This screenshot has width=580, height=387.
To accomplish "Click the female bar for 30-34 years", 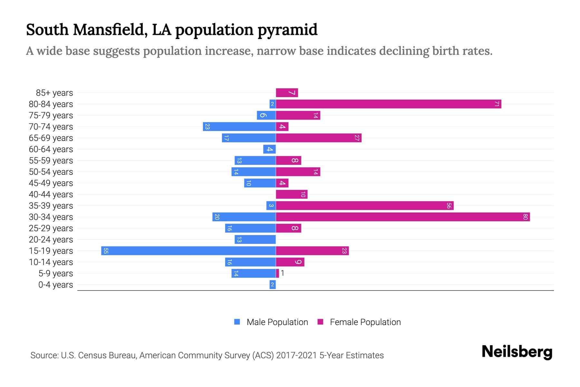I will [x=403, y=217].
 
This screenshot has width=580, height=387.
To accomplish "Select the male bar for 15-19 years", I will [x=188, y=251].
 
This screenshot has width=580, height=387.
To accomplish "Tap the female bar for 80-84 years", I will [x=388, y=104].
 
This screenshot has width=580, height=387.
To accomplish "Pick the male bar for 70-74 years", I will [x=239, y=127].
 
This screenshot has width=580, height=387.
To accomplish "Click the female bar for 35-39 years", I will [x=365, y=206].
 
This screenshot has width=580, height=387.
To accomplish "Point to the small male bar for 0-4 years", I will [x=273, y=285].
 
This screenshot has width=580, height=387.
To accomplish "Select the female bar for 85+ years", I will [x=287, y=93].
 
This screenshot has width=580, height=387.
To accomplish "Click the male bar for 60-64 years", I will [x=269, y=149].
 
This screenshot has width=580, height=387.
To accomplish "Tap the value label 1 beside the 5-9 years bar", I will [x=283, y=273].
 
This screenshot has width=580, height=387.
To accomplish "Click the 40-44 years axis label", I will [x=51, y=194].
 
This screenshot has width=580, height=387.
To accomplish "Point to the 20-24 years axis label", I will [x=51, y=240].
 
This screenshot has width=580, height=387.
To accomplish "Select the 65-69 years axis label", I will [x=51, y=138].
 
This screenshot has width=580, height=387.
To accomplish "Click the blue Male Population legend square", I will [x=237, y=322].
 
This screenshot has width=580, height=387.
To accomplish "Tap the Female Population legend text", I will [x=365, y=322].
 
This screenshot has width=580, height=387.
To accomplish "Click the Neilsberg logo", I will [x=517, y=352].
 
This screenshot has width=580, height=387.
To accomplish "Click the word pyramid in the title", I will [x=287, y=30].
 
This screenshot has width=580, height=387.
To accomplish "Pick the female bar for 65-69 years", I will [x=319, y=138].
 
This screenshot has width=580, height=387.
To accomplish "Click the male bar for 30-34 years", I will [x=244, y=217].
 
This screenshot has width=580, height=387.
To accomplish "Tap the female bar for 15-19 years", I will [x=312, y=251].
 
